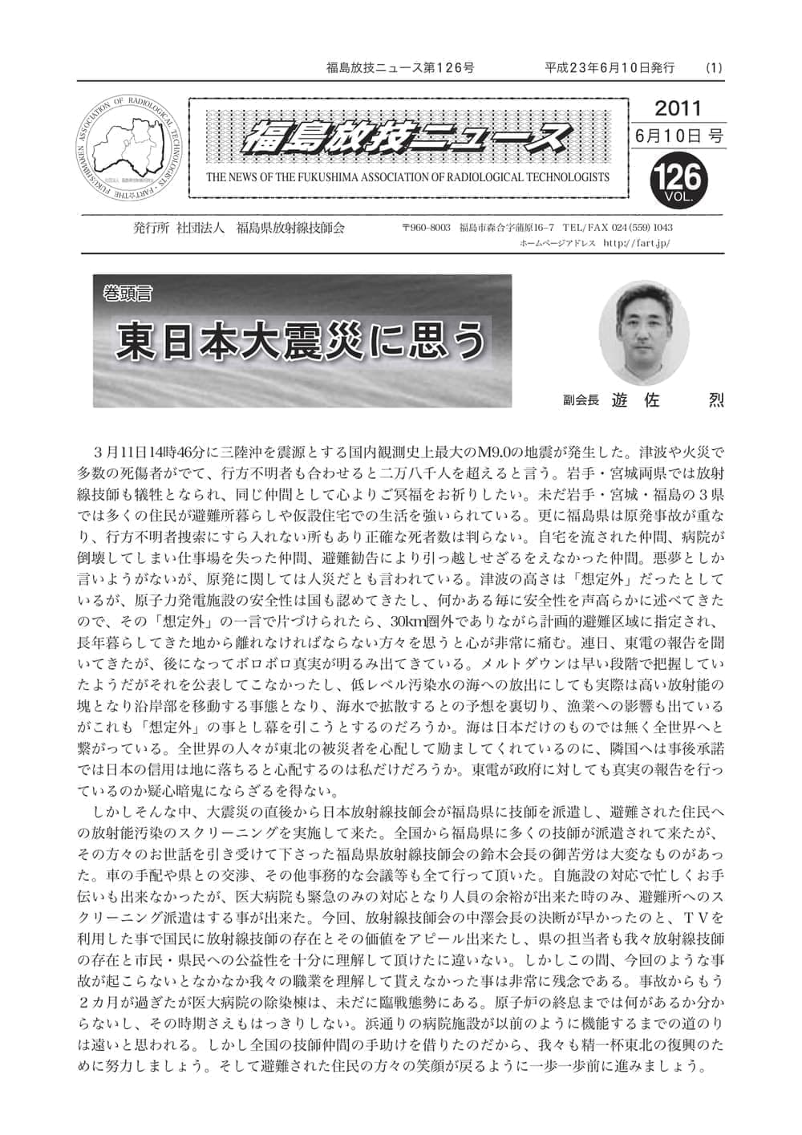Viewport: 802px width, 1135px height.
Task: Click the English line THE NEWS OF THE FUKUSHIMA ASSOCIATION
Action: click(407, 177)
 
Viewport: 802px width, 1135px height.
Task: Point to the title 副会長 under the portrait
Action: click(581, 398)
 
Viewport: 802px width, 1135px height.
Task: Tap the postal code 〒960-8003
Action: click(426, 228)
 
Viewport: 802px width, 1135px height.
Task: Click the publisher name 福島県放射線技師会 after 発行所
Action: click(290, 228)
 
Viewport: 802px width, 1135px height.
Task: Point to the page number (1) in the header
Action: click(713, 67)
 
